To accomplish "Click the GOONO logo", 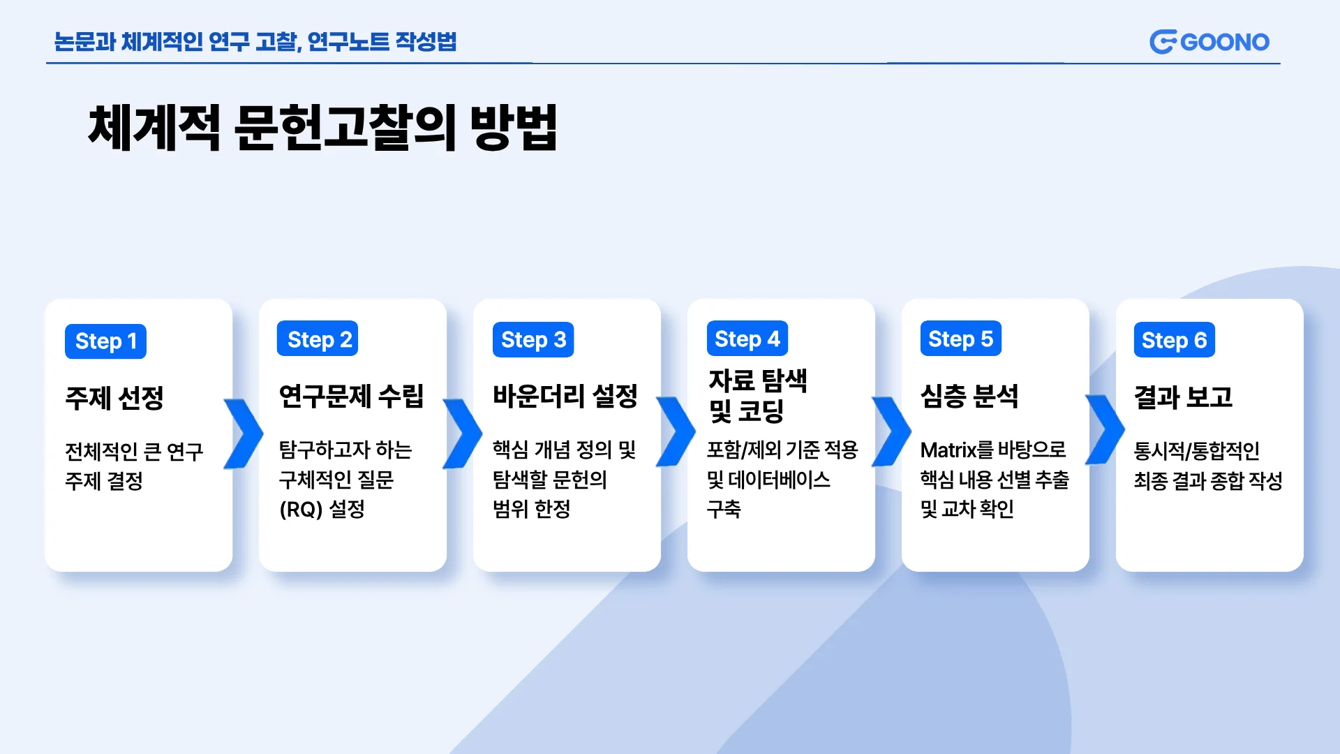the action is (1209, 42).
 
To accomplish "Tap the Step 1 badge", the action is (105, 341).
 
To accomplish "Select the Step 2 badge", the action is (318, 339).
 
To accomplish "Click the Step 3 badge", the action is (533, 340).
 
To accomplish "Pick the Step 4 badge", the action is (747, 339).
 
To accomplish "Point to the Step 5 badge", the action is (961, 339).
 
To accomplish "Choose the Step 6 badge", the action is (1175, 340).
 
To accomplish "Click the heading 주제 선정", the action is (114, 398).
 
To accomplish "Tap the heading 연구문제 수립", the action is (352, 396).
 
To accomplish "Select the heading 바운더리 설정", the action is (565, 396).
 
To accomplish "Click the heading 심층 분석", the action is (969, 396).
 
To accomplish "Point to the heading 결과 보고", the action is (1184, 397).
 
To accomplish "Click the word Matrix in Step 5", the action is (948, 450).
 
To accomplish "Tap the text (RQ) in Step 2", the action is (301, 510).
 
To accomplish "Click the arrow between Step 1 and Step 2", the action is (244, 434).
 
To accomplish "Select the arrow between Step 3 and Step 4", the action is (676, 431).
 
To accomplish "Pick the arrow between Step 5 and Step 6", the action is (1105, 429).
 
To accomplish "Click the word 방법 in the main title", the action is (514, 127).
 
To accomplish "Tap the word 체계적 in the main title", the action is (154, 127).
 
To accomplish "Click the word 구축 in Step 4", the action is (724, 509).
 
